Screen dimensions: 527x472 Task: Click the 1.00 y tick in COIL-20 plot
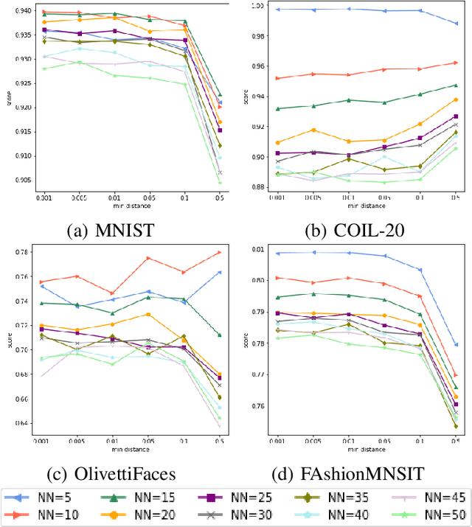(x=255, y=6)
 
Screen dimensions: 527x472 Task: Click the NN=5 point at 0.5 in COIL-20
(x=455, y=24)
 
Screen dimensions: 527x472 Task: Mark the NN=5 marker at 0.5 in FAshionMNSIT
(x=455, y=344)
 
